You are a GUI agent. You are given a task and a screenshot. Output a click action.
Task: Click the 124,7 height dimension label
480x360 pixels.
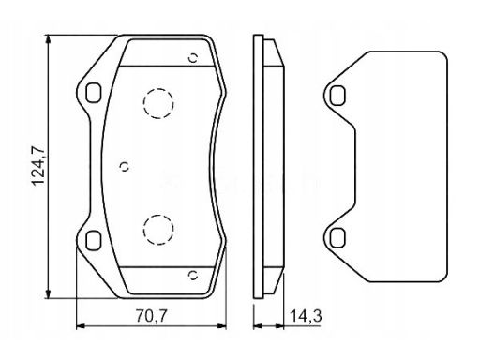click(38, 167)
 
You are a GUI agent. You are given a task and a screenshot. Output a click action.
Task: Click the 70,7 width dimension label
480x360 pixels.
click(152, 316)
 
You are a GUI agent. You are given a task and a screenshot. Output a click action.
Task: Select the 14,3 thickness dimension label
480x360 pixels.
click(306, 316)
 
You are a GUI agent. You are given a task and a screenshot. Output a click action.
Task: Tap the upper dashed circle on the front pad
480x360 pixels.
click(158, 103)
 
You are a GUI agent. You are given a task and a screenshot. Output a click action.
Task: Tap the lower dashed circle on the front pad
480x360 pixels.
click(158, 230)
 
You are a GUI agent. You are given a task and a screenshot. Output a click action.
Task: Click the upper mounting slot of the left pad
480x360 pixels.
click(94, 93)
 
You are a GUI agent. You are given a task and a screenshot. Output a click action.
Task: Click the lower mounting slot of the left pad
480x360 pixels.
click(94, 240)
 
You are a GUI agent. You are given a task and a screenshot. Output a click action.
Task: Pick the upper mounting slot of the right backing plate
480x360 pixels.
click(337, 96)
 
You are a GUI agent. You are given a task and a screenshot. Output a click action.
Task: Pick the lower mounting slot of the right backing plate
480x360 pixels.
click(337, 238)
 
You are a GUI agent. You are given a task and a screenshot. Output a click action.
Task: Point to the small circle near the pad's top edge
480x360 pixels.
click(193, 58)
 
